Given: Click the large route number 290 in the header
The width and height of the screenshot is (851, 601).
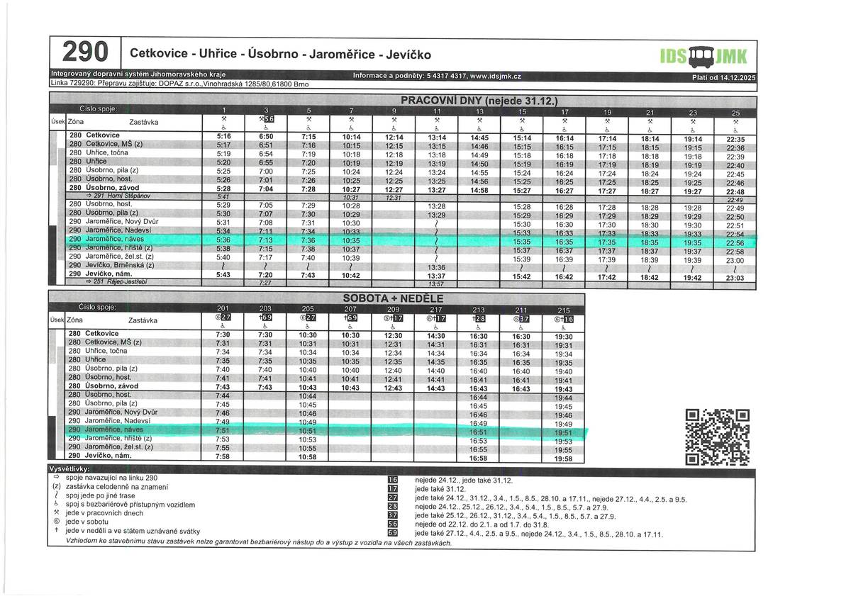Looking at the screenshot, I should pyautogui.click(x=86, y=52).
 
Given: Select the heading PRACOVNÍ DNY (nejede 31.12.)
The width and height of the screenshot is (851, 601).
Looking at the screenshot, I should pyautogui.click(x=479, y=100).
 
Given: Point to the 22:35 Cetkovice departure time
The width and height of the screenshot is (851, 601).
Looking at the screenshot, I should pyautogui.click(x=735, y=139).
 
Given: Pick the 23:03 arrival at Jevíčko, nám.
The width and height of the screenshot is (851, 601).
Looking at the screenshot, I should pyautogui.click(x=735, y=279).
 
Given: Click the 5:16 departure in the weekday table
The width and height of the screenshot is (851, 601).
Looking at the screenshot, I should pyautogui.click(x=224, y=135).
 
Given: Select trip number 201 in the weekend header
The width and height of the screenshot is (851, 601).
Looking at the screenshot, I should pyautogui.click(x=223, y=308).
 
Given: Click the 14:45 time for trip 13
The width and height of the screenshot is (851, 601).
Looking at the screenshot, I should pyautogui.click(x=479, y=137).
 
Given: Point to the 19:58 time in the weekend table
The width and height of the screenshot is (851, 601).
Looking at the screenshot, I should pyautogui.click(x=563, y=459).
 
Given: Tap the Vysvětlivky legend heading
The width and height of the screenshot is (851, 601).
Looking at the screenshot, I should pyautogui.click(x=68, y=470).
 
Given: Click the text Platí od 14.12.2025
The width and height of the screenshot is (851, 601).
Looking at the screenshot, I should pyautogui.click(x=723, y=77).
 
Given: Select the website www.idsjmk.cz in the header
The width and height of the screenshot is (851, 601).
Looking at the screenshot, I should pyautogui.click(x=496, y=76).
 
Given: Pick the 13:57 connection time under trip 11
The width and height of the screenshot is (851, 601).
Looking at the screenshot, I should pyautogui.click(x=437, y=283).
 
